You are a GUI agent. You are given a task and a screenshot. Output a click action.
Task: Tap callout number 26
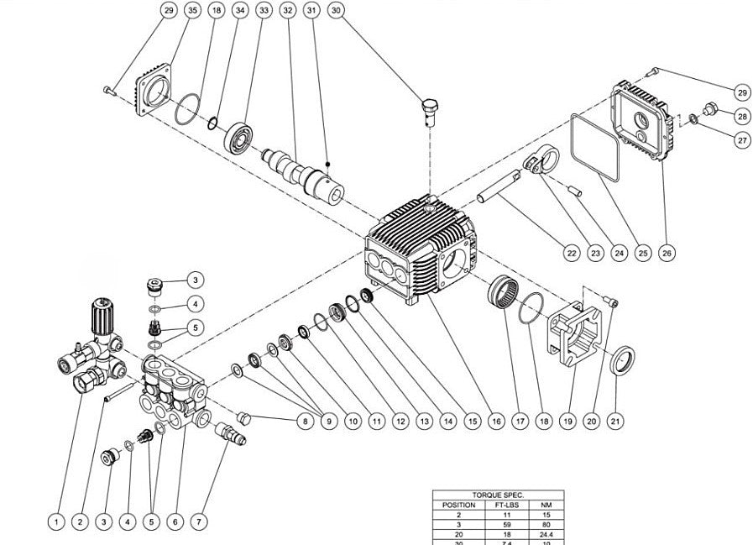[667, 252]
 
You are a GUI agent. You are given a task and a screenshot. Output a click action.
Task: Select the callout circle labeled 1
[55, 521]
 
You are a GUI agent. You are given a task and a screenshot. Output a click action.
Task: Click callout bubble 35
[193, 10]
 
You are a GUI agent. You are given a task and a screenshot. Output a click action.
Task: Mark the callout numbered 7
[199, 521]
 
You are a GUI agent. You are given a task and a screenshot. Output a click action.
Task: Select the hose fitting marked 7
[230, 434]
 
